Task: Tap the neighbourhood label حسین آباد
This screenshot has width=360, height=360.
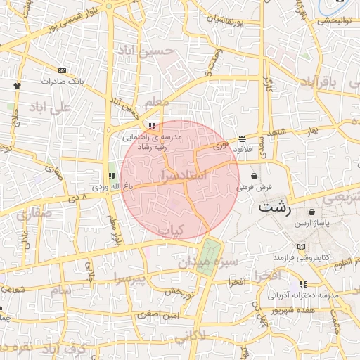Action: click(x=157, y=51)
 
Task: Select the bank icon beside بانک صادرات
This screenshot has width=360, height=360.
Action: click(x=63, y=70)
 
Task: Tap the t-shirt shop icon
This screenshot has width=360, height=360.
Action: click(x=17, y=85)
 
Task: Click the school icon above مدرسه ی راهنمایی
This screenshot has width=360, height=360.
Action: click(x=153, y=127)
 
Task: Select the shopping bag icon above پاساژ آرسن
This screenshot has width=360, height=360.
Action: click(x=311, y=212)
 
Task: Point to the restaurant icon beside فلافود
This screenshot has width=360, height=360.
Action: click(x=243, y=139)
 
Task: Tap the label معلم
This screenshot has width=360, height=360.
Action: click(x=156, y=103)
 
